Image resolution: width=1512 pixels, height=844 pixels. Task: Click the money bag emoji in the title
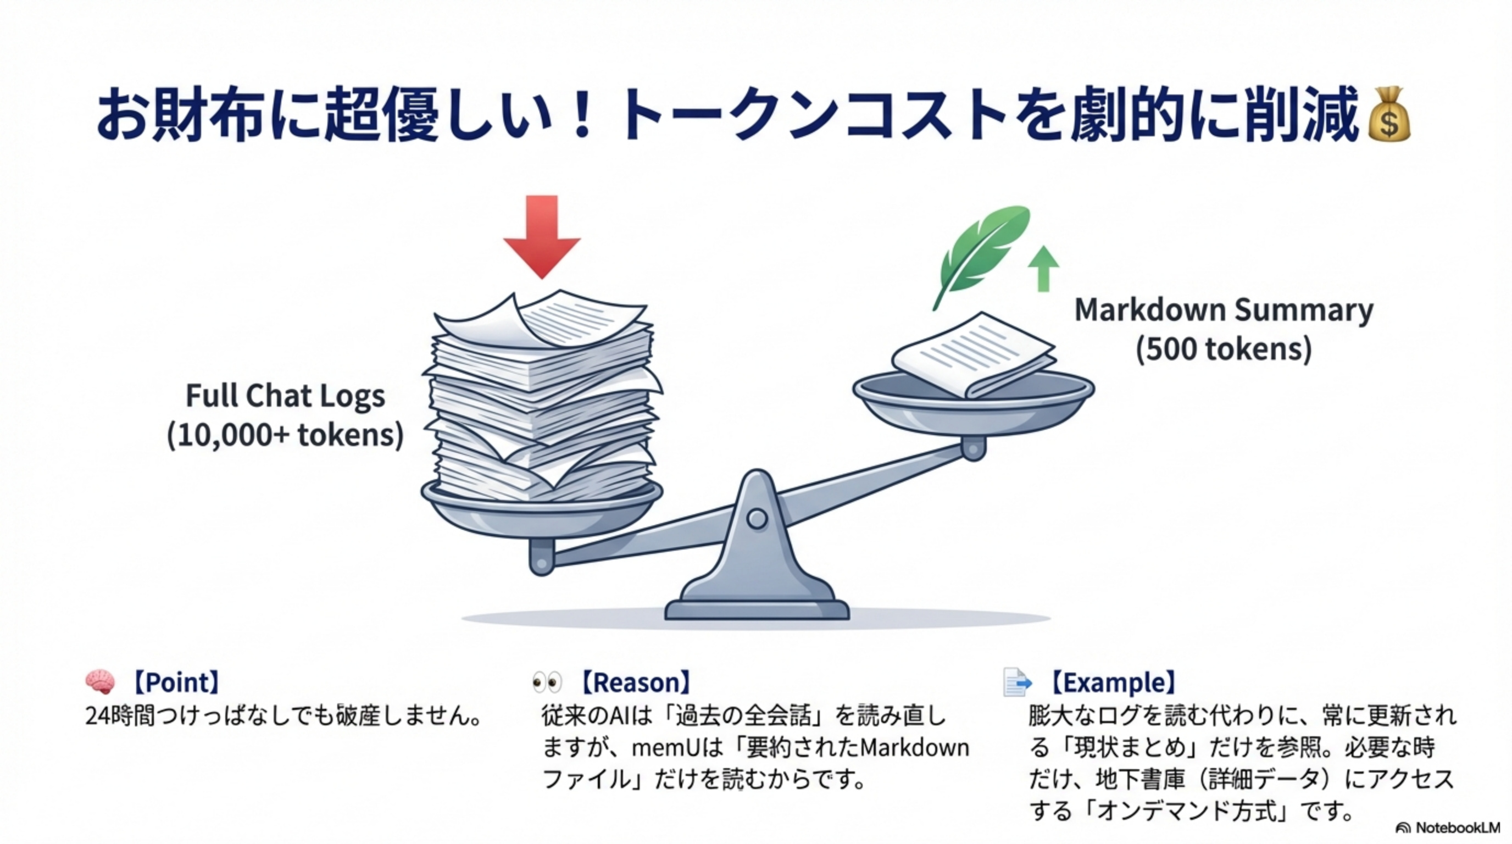coord(1388,115)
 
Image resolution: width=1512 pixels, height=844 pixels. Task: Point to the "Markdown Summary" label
coord(1223,310)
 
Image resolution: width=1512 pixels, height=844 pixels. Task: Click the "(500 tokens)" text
coord(1223,349)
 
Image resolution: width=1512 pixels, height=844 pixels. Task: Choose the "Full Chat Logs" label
coord(285,396)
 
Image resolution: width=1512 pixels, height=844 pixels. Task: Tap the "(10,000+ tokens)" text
coord(285,436)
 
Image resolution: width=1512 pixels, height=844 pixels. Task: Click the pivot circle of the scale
coord(757,519)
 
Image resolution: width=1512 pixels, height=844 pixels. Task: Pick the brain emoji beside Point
coord(100,682)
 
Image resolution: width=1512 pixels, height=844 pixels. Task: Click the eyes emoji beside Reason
coord(547,682)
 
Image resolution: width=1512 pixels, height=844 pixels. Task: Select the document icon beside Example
coord(1016,682)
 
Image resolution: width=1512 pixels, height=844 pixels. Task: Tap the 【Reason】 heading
coord(635,682)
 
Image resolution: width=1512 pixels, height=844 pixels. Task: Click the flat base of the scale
coord(757,610)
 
